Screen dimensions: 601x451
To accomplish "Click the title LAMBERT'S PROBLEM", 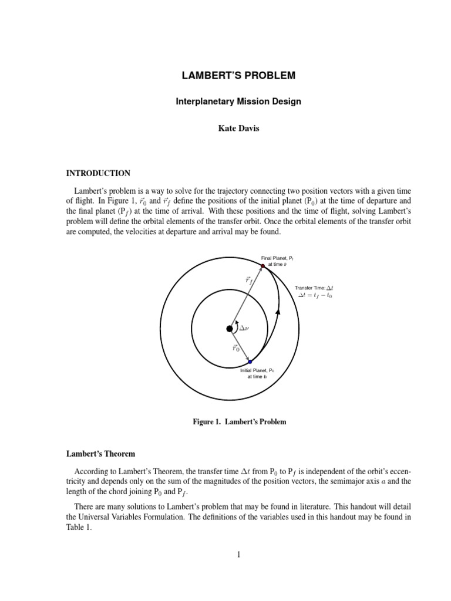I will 238,76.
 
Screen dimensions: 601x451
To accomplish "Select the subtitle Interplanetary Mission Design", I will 238,102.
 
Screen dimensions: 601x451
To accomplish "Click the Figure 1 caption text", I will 239,422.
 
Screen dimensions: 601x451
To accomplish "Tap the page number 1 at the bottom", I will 238,553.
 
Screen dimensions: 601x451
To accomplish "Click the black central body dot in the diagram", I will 230,329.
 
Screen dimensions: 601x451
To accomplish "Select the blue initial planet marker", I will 250,362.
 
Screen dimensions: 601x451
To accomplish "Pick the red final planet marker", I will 262,266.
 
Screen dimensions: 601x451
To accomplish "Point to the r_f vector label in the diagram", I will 250,281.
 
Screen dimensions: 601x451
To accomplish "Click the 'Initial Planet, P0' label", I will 257,371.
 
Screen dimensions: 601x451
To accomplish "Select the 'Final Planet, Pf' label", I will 277,257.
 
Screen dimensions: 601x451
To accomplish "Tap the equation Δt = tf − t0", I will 319,296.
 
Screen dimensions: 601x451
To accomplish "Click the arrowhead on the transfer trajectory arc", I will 277,311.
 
